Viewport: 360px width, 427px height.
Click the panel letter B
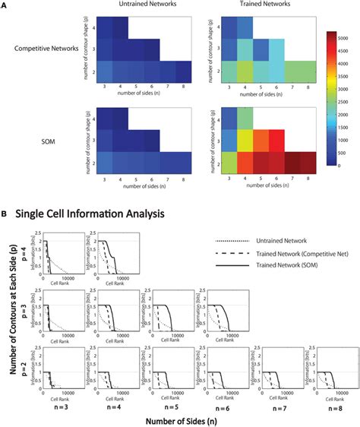tap(6, 215)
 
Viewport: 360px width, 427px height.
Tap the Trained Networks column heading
tap(240, 6)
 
